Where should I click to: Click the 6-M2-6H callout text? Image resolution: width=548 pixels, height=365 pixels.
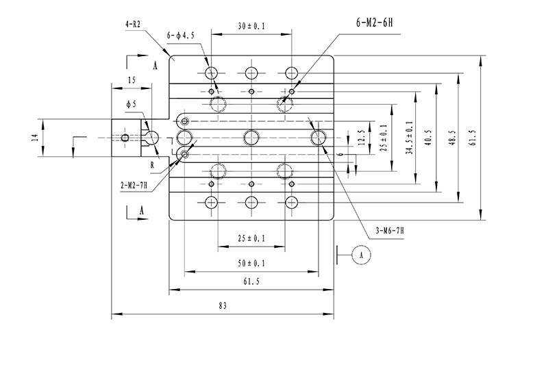(374, 23)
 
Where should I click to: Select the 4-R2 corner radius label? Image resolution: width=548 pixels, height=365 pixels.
(133, 25)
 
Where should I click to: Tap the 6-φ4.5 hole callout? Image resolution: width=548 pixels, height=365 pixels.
(180, 36)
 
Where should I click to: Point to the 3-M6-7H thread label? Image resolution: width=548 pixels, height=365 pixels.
(390, 231)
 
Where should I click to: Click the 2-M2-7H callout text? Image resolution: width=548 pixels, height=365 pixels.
(134, 186)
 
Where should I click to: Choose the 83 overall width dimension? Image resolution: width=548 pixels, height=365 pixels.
(223, 306)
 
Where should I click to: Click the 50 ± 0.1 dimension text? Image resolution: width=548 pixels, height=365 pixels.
(251, 263)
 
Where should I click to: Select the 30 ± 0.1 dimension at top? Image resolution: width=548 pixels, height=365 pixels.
(251, 26)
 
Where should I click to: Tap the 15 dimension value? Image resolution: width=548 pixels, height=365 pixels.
(132, 80)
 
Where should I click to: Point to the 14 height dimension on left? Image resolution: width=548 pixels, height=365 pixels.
(35, 138)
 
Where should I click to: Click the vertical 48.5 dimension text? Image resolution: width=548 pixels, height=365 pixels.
(451, 138)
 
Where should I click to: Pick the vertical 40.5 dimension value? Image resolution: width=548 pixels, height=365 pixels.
(429, 138)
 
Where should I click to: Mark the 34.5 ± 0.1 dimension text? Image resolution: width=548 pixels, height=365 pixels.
(410, 138)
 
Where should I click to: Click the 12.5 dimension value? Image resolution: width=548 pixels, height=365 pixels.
(362, 138)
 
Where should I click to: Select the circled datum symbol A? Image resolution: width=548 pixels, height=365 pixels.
(362, 255)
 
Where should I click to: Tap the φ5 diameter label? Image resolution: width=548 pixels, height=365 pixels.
(132, 104)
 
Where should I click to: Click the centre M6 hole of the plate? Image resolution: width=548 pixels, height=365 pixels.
(251, 138)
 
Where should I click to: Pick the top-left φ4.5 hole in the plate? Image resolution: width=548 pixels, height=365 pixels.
(211, 73)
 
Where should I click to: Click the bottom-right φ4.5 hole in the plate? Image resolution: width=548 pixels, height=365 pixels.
(291, 202)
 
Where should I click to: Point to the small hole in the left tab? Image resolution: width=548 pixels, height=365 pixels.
(125, 138)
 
